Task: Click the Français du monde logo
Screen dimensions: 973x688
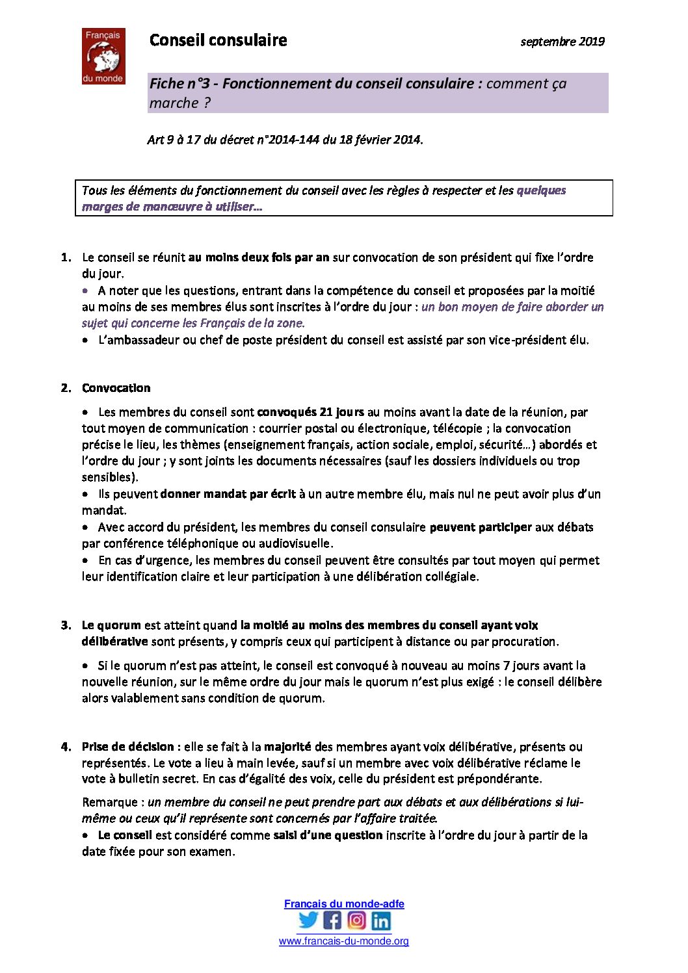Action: coord(103,56)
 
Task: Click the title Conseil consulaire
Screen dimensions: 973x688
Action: coord(218,40)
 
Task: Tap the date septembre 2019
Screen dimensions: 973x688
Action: coord(562,42)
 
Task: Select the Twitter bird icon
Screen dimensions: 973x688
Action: coord(308,920)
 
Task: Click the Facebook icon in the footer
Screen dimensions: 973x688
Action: coord(332,920)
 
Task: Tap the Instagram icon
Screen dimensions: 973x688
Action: coord(356,920)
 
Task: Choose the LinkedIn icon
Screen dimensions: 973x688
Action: coord(381,920)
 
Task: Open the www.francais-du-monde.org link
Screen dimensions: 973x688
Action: coord(344,941)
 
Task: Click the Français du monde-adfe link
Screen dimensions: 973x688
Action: coord(344,904)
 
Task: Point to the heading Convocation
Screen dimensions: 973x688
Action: coord(116,388)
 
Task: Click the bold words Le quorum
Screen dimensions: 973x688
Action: coord(111,625)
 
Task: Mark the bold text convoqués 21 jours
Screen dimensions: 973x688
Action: coord(310,412)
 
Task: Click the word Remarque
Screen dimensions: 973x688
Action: coord(110,803)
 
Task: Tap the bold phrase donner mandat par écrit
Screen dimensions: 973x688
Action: coord(228,494)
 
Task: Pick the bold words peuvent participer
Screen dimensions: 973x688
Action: coord(481,527)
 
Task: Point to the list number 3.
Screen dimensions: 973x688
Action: coord(66,625)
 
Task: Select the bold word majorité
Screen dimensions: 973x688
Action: coord(287,747)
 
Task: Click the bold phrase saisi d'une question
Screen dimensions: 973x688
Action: coord(328,835)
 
